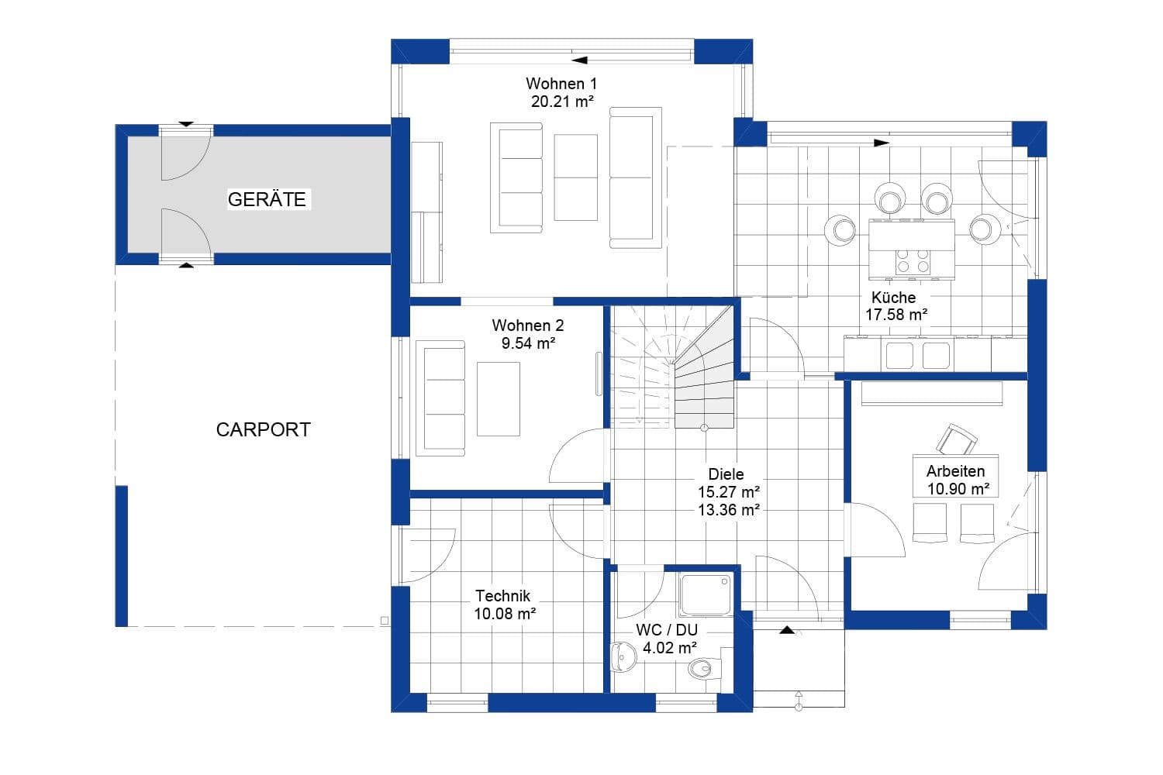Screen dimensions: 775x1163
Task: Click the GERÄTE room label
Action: point(267,199)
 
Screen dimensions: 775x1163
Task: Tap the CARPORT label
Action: point(263,429)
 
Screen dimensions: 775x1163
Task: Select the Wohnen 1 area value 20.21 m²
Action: point(562,101)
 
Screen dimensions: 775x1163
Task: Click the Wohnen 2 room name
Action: point(527,325)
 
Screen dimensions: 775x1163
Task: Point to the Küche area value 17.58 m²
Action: point(896,315)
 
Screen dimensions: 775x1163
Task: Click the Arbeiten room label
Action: point(955,471)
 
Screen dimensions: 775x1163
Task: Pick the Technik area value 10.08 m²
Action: point(505,614)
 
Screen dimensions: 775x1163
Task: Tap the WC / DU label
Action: point(667,630)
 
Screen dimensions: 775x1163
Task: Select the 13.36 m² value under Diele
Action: point(728,509)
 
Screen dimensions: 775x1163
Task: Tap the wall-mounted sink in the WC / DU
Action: point(623,658)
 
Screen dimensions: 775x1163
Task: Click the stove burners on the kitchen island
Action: point(913,260)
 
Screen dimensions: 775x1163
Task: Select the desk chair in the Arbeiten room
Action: point(957,439)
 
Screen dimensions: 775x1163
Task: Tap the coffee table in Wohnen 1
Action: point(575,177)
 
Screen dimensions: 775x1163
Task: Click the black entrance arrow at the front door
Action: point(789,630)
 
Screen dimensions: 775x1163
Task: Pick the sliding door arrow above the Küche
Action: point(880,143)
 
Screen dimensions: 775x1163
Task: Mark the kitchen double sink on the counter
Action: point(917,356)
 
